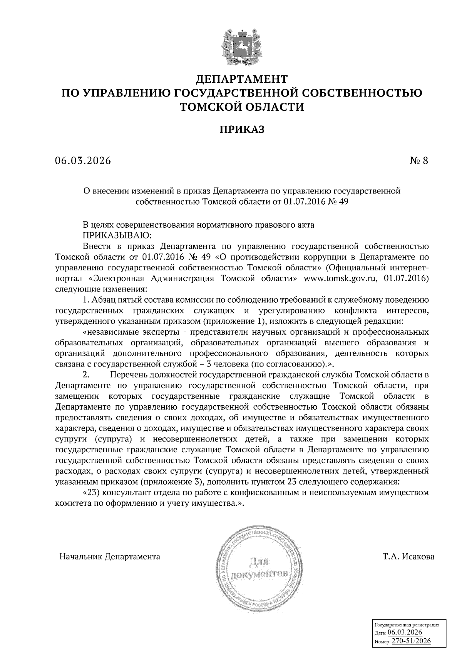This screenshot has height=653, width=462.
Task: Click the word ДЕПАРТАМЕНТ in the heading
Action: tap(242, 79)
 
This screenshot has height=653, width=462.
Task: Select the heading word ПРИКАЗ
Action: tap(242, 130)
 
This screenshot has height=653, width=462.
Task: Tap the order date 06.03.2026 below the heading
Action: tap(83, 160)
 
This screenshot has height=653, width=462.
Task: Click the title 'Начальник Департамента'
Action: tap(110, 556)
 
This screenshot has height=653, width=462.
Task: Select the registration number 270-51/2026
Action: tap(411, 641)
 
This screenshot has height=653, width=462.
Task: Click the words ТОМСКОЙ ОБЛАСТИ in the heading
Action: tap(242, 107)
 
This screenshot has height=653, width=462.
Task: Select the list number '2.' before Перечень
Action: tap(86, 374)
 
